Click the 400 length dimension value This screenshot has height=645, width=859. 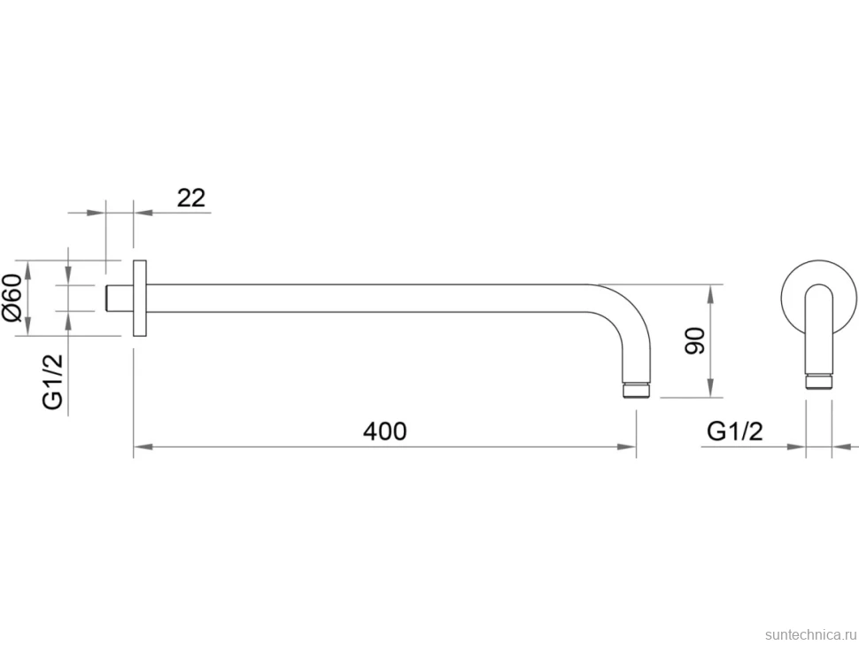384,431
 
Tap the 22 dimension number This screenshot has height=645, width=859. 190,198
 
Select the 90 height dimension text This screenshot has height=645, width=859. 694,340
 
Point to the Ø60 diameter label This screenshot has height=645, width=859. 12,298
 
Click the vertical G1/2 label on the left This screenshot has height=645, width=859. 53,381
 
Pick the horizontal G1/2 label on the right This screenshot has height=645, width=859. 735,431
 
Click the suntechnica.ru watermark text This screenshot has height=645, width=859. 810,634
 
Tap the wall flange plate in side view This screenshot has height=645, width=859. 140,298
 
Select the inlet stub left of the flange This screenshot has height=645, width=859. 120,298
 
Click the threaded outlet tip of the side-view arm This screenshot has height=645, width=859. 637,390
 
